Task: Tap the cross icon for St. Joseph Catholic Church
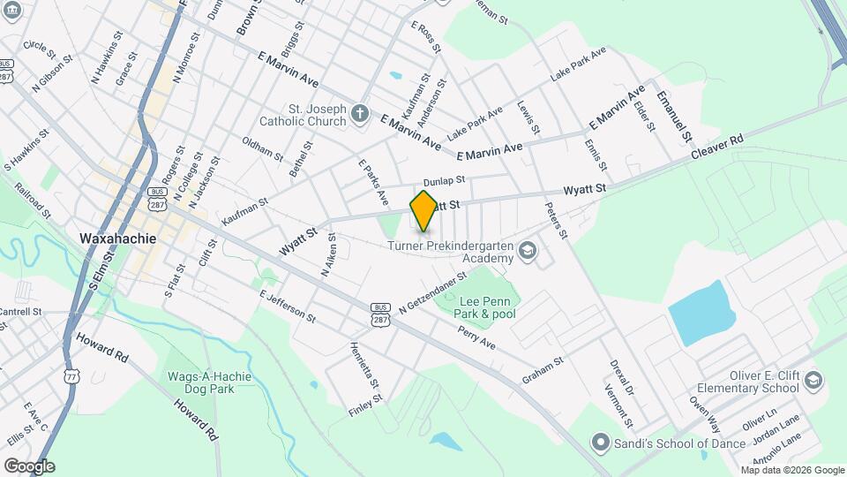coord(359,113)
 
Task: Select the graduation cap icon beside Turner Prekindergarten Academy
coord(528,252)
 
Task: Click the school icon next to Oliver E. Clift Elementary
coord(813,382)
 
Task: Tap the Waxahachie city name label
coord(117,238)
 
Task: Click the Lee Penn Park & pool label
coord(485,307)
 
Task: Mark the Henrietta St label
coord(364,366)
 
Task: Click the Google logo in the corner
coord(29,466)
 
